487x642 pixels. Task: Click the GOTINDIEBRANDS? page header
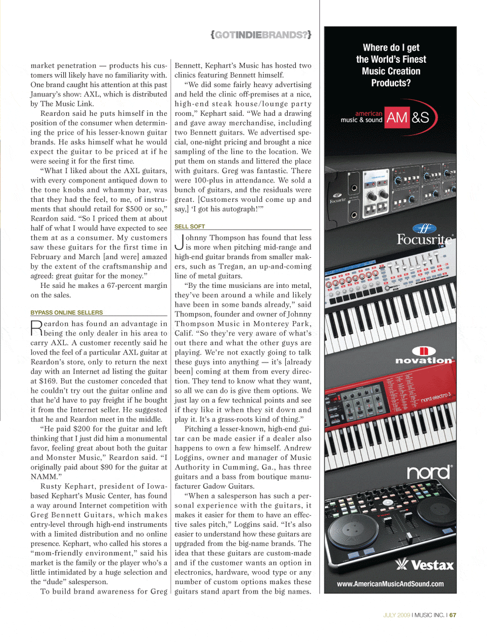click(x=261, y=35)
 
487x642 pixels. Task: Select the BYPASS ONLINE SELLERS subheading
click(x=67, y=312)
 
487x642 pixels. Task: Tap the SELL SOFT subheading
click(x=189, y=227)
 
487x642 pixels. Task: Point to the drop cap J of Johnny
click(x=179, y=242)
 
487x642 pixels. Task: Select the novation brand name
click(x=424, y=360)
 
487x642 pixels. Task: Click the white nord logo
click(x=429, y=472)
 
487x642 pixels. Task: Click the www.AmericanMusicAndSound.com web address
click(x=390, y=584)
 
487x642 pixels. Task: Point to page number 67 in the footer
click(x=453, y=615)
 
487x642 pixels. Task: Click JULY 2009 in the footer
click(x=396, y=615)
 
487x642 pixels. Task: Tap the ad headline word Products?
click(x=391, y=83)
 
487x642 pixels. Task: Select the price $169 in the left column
click(x=48, y=381)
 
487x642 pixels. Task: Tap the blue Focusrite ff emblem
click(x=424, y=228)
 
